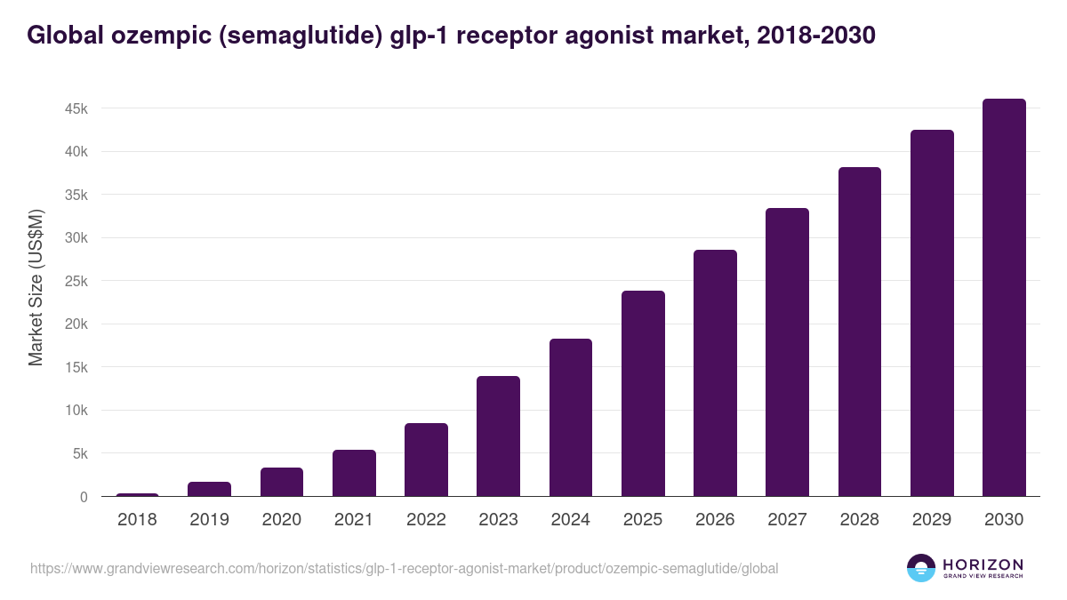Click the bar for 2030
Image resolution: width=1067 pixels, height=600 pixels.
tap(1004, 298)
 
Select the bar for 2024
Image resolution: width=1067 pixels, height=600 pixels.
tap(571, 418)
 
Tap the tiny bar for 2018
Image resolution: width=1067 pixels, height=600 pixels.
tap(137, 494)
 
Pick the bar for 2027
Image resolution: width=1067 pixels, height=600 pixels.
tap(787, 352)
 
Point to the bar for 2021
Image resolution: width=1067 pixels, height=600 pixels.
tap(354, 473)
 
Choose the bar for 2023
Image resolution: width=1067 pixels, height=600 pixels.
tap(498, 436)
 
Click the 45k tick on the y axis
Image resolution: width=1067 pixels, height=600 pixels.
tap(75, 108)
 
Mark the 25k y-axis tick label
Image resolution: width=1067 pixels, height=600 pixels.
tap(75, 281)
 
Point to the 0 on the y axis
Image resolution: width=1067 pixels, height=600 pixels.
tap(84, 497)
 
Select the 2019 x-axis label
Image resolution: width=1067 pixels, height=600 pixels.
tap(209, 520)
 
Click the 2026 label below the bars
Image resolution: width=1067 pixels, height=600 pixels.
tap(715, 520)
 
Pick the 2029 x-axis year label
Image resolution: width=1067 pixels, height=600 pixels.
tap(932, 520)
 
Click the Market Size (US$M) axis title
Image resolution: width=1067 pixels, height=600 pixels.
tap(36, 287)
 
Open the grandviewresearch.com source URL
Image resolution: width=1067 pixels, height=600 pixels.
tap(404, 568)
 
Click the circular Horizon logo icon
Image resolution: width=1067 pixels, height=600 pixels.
tap(920, 568)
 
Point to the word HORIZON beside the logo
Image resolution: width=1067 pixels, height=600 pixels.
tap(983, 564)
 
